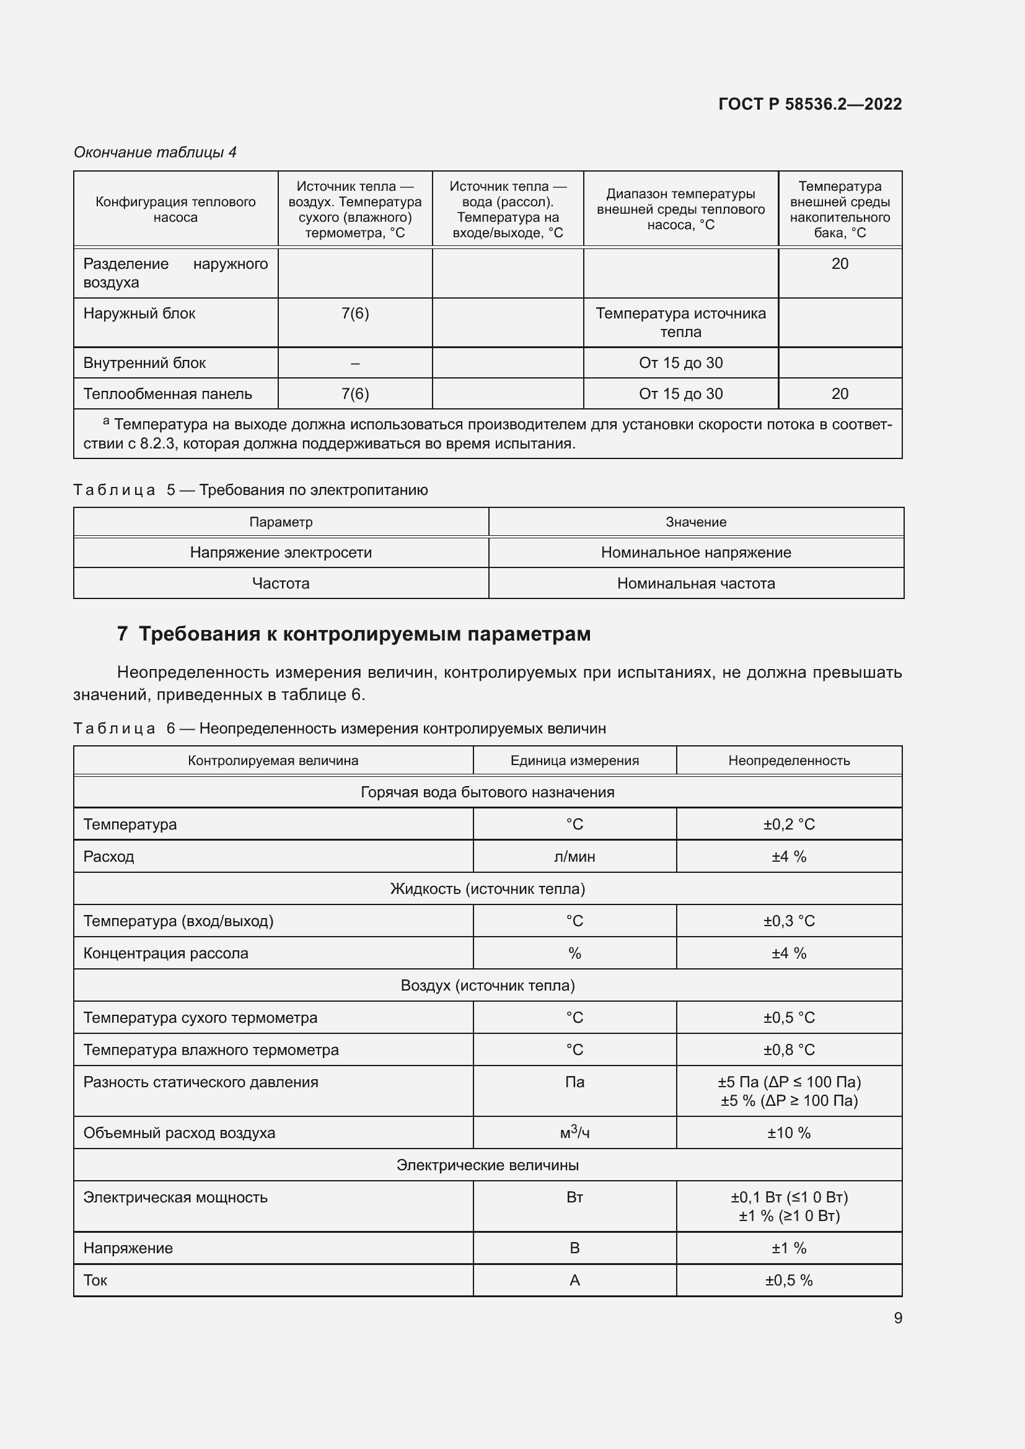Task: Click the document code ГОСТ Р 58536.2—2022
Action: click(810, 104)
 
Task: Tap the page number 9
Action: click(897, 1318)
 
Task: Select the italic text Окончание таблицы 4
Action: click(156, 152)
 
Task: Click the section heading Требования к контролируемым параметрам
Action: click(364, 634)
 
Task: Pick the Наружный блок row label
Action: click(139, 313)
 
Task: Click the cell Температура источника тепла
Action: click(680, 323)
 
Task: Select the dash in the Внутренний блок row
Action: click(354, 363)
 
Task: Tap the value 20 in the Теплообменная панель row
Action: click(840, 394)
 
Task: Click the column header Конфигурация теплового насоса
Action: click(175, 209)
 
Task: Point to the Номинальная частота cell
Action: click(695, 583)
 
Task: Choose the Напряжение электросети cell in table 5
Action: click(281, 552)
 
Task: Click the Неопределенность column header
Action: click(788, 761)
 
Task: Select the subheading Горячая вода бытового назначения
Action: click(487, 792)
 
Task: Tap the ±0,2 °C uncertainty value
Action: click(788, 824)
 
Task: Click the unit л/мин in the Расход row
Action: click(574, 856)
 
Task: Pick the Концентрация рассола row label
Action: click(166, 953)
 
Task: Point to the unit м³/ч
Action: click(574, 1133)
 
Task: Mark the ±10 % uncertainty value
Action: click(788, 1133)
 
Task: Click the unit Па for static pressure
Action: click(574, 1082)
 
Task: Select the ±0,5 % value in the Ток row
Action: click(788, 1280)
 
